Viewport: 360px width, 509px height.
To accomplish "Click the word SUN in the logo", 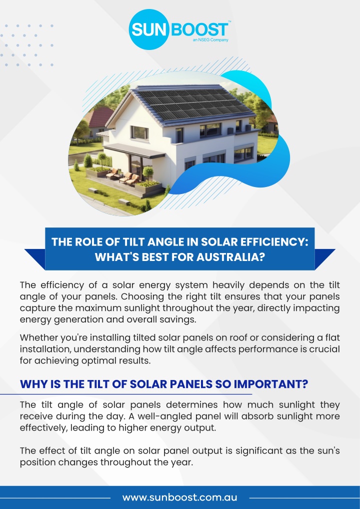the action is click(x=149, y=30).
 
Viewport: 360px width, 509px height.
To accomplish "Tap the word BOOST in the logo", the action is click(x=199, y=29).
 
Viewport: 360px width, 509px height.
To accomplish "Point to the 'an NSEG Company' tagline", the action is click(x=210, y=40).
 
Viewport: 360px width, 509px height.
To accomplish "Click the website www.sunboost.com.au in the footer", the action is click(x=179, y=497).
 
